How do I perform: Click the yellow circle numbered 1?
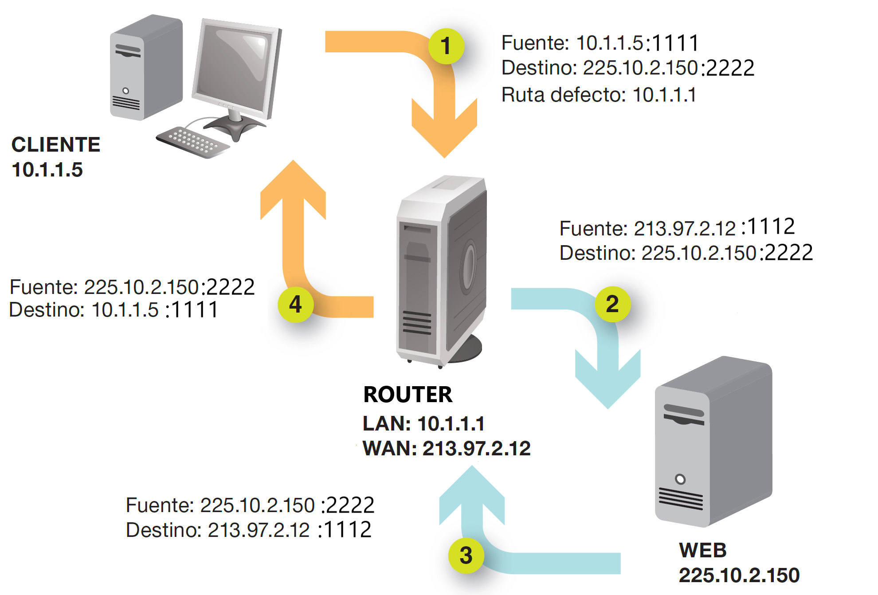(x=446, y=46)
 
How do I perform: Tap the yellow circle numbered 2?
(x=612, y=304)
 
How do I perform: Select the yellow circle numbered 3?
(x=466, y=556)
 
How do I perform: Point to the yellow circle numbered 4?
(x=295, y=304)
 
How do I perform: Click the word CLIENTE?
(x=56, y=145)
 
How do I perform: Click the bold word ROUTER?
(x=408, y=394)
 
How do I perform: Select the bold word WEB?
(x=703, y=550)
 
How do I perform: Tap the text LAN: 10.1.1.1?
(x=423, y=423)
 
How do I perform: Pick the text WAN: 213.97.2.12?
(x=446, y=448)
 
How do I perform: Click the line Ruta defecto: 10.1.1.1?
(x=599, y=95)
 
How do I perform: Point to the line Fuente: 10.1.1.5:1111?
(x=600, y=43)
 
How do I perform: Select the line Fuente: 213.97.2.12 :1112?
(x=677, y=228)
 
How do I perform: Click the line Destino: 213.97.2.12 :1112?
(x=248, y=530)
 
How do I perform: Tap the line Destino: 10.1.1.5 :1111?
(x=114, y=310)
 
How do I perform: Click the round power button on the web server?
(x=680, y=479)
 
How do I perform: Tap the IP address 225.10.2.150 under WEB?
(x=739, y=575)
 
